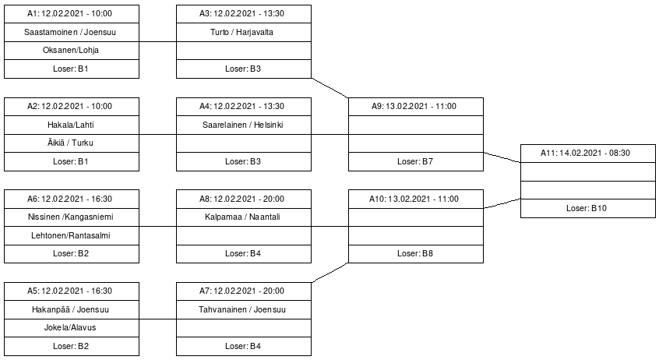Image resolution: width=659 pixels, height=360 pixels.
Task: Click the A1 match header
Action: (x=70, y=13)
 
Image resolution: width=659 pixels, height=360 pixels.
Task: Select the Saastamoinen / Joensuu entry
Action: (x=70, y=32)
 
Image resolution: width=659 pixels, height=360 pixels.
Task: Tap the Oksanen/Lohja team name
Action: (x=71, y=50)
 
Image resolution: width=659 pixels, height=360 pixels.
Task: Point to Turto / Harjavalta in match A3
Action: (x=242, y=32)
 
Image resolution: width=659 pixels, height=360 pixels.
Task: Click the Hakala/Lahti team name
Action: (x=71, y=125)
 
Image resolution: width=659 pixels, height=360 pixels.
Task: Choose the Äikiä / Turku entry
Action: (x=70, y=143)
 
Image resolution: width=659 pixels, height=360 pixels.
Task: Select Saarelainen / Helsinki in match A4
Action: (x=242, y=125)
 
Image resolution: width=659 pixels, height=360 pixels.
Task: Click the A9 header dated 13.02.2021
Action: (x=414, y=107)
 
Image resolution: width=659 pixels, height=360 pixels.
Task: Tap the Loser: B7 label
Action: (x=415, y=161)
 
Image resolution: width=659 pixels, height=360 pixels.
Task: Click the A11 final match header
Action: (x=586, y=153)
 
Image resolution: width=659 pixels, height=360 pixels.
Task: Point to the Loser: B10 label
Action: (x=587, y=208)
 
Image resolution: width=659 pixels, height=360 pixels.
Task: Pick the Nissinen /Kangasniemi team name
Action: (x=71, y=217)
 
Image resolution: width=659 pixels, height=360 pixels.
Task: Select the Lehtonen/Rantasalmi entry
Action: (x=71, y=235)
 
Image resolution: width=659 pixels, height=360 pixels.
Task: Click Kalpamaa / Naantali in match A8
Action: (x=242, y=217)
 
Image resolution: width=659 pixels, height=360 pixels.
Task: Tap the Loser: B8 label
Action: (x=415, y=253)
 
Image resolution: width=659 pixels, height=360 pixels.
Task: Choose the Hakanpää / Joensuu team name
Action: (x=70, y=309)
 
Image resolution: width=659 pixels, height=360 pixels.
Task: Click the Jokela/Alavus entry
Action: (x=70, y=327)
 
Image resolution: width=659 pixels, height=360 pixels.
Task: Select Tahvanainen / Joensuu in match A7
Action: (x=242, y=309)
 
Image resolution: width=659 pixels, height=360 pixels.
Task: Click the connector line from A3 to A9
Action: (x=330, y=88)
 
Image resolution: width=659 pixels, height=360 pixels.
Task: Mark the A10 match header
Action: (x=414, y=199)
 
